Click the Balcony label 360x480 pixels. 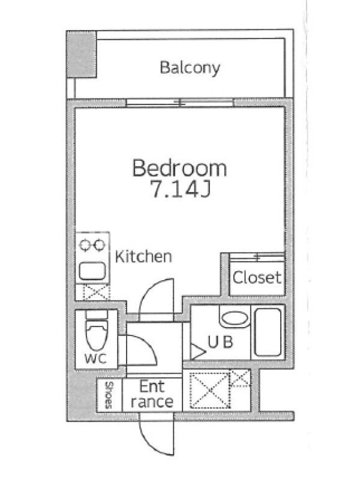tap(190, 68)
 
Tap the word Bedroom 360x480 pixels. tap(179, 168)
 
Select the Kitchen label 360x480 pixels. tap(143, 257)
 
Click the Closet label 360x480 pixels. tap(257, 277)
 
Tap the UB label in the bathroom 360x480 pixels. tap(220, 342)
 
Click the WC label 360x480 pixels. tap(95, 358)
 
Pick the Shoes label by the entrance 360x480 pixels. tap(109, 395)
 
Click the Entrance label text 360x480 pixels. tap(152, 394)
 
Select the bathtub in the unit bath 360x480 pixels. tap(268, 332)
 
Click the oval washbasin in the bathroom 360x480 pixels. tap(235, 319)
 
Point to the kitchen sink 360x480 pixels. tap(92, 271)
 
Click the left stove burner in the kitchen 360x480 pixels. tap(85, 245)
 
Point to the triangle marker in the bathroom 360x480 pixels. tap(197, 352)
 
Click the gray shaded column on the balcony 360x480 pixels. tap(82, 54)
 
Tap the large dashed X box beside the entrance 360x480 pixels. tap(209, 390)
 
